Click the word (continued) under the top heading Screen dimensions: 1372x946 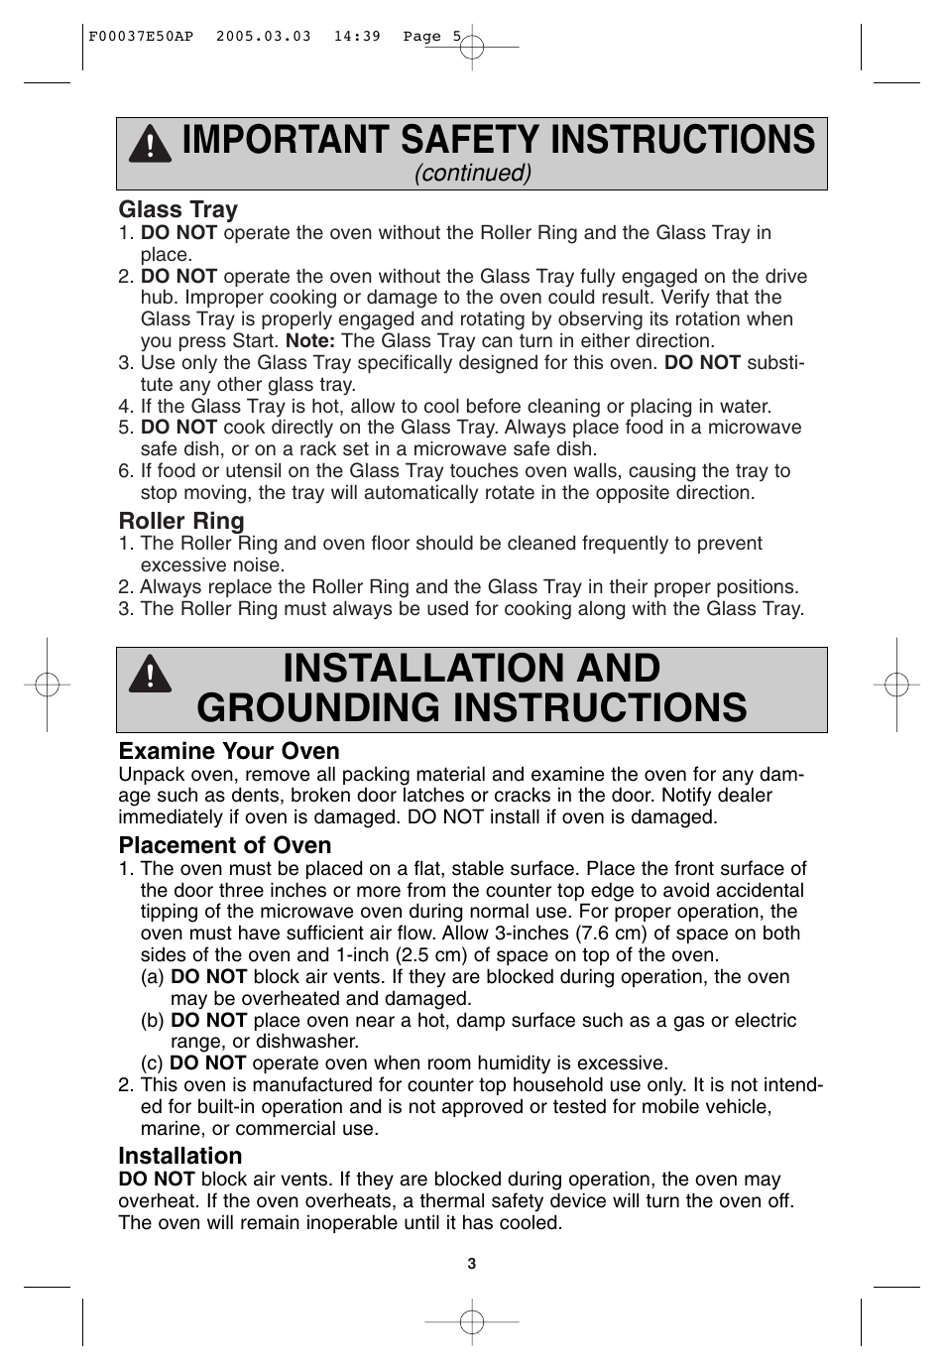pos(473,173)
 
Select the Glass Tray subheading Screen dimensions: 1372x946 pos(177,209)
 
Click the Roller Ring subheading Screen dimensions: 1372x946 pos(180,521)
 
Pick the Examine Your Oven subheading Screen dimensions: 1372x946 pos(228,751)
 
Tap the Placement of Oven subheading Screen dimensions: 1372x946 pos(224,845)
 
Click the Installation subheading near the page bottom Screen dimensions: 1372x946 pos(179,1156)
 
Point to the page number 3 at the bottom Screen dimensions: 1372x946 pos(472,1264)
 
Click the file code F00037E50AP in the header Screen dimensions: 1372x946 pos(141,37)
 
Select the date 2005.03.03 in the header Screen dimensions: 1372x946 pos(263,37)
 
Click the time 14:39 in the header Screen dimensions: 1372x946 pos(357,37)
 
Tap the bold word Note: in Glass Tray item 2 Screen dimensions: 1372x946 pos(310,340)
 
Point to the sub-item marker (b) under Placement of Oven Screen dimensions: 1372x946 pos(153,1021)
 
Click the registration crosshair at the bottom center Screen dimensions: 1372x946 pos(472,1322)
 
